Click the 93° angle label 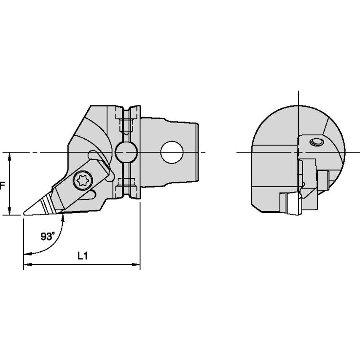pos(48,236)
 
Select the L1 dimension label pos(83,256)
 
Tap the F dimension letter pos(2,186)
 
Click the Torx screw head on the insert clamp pos(83,181)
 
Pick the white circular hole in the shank pos(172,152)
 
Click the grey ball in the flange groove pos(126,152)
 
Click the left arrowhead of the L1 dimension pos(27,265)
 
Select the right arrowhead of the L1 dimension pos(137,265)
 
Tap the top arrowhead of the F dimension pos(9,156)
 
